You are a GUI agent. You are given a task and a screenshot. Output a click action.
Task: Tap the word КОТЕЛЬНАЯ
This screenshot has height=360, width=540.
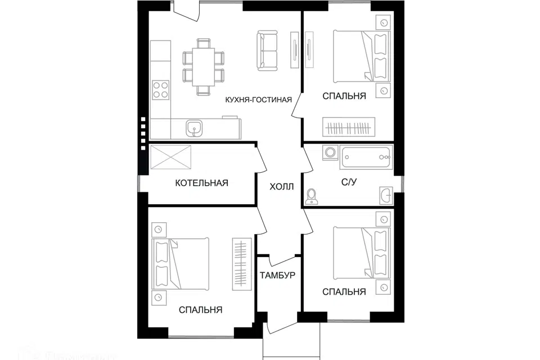click(x=201, y=183)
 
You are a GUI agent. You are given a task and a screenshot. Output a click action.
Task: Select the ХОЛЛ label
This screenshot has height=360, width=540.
click(x=281, y=187)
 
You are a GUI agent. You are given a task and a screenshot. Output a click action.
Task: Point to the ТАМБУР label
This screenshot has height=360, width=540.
click(x=277, y=276)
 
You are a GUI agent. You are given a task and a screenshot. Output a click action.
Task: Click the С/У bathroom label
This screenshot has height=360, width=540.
click(x=348, y=182)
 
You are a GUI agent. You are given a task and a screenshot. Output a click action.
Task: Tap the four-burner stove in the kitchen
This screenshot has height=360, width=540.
click(x=161, y=89)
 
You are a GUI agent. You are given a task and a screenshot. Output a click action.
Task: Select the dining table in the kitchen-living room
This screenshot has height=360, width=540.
click(x=202, y=66)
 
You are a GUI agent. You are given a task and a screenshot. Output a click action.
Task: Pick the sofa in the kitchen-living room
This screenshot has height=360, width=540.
click(x=268, y=51)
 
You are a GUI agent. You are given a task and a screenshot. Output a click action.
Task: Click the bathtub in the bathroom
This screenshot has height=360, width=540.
click(x=366, y=156)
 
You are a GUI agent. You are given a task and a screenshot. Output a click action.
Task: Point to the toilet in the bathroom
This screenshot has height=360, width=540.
click(x=312, y=196)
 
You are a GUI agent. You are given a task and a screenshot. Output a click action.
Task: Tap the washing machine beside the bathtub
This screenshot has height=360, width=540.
click(x=330, y=152)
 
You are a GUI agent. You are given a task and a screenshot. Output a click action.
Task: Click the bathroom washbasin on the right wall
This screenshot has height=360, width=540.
click(x=386, y=195)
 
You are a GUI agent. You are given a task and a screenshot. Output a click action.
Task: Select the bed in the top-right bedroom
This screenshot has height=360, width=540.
click(x=360, y=55)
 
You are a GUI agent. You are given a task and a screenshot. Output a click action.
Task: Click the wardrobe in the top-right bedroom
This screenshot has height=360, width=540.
click(x=348, y=127)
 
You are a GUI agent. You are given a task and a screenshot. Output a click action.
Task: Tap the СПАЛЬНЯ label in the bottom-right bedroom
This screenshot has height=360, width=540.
click(x=344, y=291)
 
